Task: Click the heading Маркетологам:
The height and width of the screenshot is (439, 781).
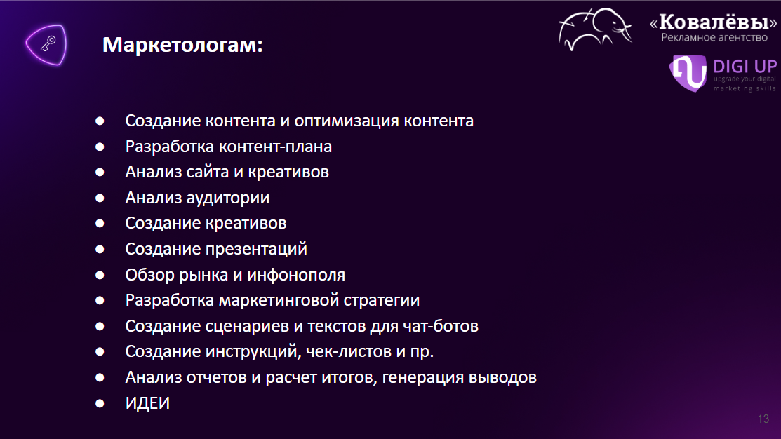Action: [x=182, y=46]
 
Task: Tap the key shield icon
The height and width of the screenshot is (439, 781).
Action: [x=46, y=45]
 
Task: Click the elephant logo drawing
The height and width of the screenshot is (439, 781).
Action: [x=595, y=29]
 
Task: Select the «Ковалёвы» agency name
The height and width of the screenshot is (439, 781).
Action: [x=713, y=22]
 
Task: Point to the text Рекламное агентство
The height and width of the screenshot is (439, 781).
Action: [x=714, y=37]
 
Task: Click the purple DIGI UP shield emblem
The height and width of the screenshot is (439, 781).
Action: [x=688, y=73]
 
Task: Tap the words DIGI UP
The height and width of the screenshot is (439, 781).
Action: [x=745, y=66]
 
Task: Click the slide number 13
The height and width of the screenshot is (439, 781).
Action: [x=763, y=419]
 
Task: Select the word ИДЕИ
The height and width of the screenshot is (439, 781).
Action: [x=147, y=403]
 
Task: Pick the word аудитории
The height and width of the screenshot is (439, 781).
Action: [x=228, y=198]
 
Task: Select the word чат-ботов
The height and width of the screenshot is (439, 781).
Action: [x=440, y=327]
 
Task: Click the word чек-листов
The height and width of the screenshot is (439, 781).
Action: [x=349, y=352]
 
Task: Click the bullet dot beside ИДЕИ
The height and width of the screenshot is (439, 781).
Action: [x=100, y=404]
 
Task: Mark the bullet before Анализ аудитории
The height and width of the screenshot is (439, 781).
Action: [x=100, y=198]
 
